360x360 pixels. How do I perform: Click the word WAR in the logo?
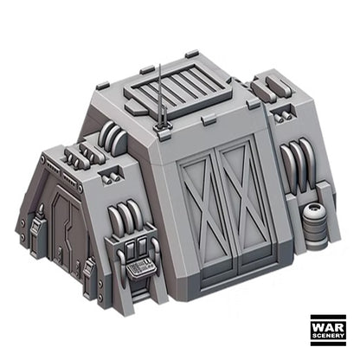tap(328, 327)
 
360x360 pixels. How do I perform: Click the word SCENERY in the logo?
tap(328, 336)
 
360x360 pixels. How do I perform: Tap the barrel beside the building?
tap(313, 226)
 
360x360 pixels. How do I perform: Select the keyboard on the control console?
tap(141, 268)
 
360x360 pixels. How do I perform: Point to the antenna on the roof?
tap(161, 96)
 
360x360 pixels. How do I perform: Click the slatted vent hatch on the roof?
tap(178, 87)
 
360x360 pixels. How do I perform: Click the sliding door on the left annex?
tap(68, 230)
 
